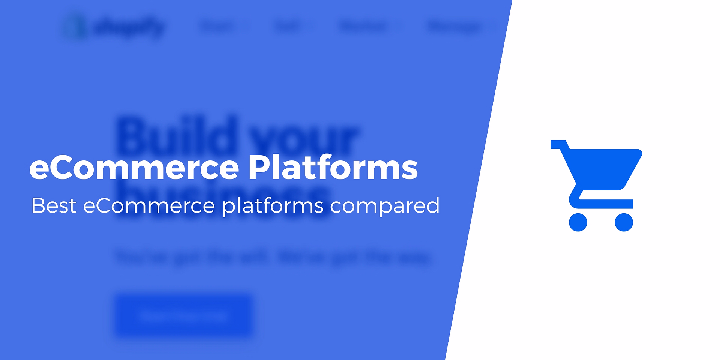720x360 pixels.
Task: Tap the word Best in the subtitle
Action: [x=54, y=206]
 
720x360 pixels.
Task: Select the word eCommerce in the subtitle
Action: [x=149, y=206]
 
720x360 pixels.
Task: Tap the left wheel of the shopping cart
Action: [x=578, y=222]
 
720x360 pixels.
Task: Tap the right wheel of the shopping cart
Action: [x=624, y=222]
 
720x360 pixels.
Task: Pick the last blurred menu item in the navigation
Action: [x=454, y=27]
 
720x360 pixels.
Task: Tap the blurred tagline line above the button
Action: [x=273, y=258]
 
